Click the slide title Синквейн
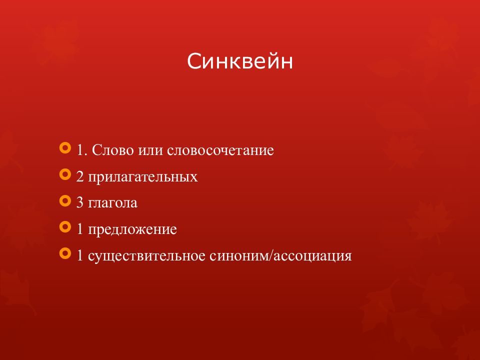[x=240, y=62]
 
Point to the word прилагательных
[x=143, y=177]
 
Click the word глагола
[x=112, y=203]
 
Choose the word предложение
[x=133, y=230]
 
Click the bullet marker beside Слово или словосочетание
[x=64, y=148]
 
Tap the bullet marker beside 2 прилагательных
[x=64, y=175]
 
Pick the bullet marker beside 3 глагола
[x=64, y=201]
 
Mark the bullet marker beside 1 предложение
[x=64, y=228]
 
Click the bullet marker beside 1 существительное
[x=64, y=254]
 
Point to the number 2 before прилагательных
[x=80, y=177]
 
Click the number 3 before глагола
[x=80, y=203]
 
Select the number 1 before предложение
[x=80, y=230]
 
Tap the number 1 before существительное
[x=80, y=256]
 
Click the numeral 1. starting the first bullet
[x=82, y=150]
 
